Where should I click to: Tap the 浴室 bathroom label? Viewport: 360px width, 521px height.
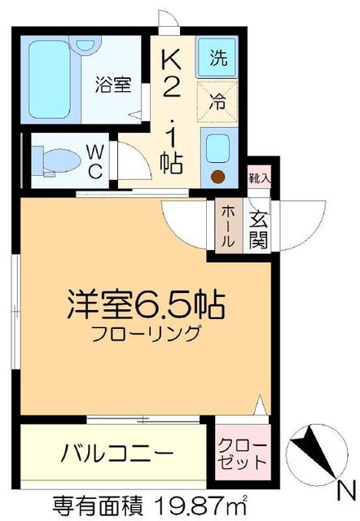click(x=113, y=85)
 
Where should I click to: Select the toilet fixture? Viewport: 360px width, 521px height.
click(x=56, y=159)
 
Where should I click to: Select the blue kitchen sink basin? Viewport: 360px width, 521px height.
click(x=217, y=147)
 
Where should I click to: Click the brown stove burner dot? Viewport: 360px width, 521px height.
click(x=217, y=177)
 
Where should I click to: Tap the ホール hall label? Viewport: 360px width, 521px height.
click(x=227, y=227)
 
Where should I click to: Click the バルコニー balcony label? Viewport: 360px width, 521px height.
click(x=116, y=452)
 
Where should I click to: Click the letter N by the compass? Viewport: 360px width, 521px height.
click(x=345, y=491)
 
